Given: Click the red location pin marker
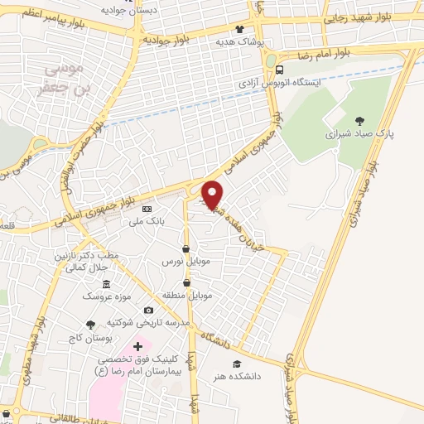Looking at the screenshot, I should [x=212, y=195].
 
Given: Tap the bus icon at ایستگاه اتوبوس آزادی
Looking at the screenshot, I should [x=281, y=70].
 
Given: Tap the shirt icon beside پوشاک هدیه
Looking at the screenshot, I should [x=239, y=29].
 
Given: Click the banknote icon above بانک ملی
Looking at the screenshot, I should [x=147, y=209].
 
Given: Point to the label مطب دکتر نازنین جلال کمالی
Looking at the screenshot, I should [x=84, y=261].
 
